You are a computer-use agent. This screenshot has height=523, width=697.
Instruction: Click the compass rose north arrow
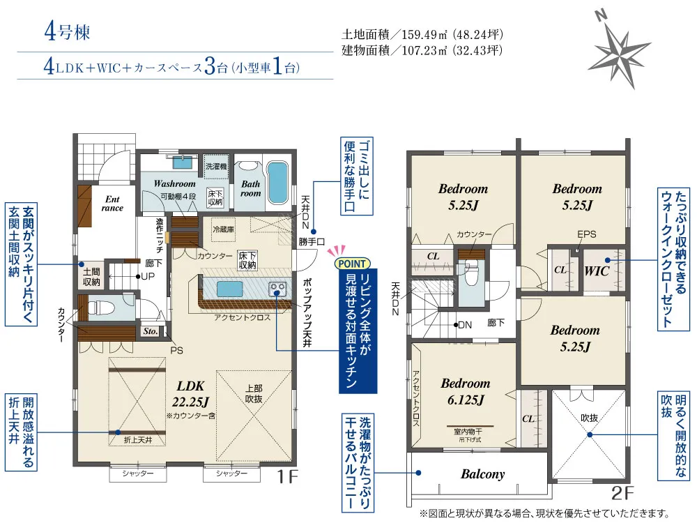[x=618, y=50]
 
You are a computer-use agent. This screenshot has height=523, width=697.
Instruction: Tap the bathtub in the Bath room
[x=277, y=183]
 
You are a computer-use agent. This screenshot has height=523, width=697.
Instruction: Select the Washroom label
[x=175, y=183]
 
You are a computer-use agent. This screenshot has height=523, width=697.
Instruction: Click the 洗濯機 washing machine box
[x=216, y=167]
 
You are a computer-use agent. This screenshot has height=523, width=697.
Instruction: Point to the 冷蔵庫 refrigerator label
[x=223, y=229]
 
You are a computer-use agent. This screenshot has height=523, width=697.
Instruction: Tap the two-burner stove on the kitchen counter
[x=277, y=289]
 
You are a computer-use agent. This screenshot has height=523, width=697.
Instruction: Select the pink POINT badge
[x=351, y=264]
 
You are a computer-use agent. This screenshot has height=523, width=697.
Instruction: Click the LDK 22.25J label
[x=191, y=394]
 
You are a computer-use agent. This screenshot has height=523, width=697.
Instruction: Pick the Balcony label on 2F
[x=483, y=474]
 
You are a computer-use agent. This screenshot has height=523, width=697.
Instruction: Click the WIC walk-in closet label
[x=597, y=271]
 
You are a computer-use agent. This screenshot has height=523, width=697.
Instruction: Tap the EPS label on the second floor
[x=586, y=234]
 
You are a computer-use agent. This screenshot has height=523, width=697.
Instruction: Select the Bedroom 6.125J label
[x=466, y=391]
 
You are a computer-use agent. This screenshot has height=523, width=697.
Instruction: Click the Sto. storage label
[x=151, y=331]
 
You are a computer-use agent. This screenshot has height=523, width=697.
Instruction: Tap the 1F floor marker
[x=287, y=477]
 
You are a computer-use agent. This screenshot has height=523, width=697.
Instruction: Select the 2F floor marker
[x=622, y=493]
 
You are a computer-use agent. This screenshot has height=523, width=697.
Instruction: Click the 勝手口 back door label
[x=312, y=242]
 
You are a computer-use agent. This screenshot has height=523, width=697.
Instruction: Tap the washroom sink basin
[x=182, y=162]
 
